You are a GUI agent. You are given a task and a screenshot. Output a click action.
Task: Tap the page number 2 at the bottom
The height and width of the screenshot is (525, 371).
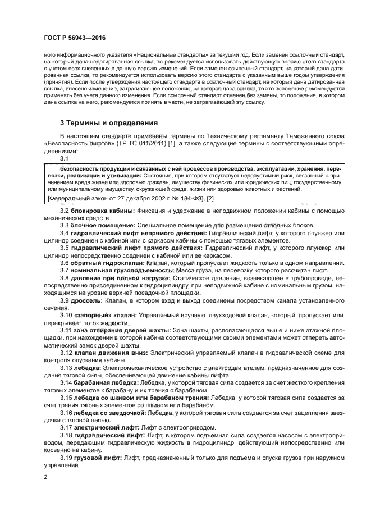[x=45, y=477]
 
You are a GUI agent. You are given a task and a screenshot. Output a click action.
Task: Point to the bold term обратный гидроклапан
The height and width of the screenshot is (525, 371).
[x=106, y=262]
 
